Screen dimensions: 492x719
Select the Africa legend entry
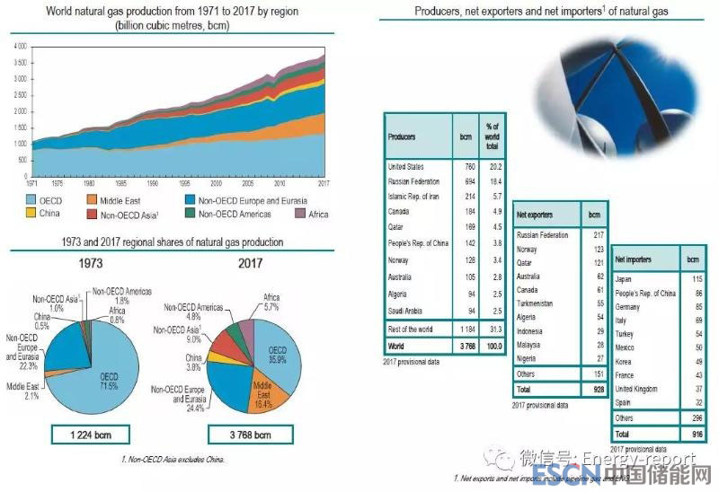317,214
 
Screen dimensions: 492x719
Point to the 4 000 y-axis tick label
19,45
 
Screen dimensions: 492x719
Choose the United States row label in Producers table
405,166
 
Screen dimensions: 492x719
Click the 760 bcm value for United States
465,166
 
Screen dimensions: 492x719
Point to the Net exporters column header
537,216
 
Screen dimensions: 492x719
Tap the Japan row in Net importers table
624,279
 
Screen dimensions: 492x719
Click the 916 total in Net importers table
691,433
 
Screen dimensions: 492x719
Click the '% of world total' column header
492,136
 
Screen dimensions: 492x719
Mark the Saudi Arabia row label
407,311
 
